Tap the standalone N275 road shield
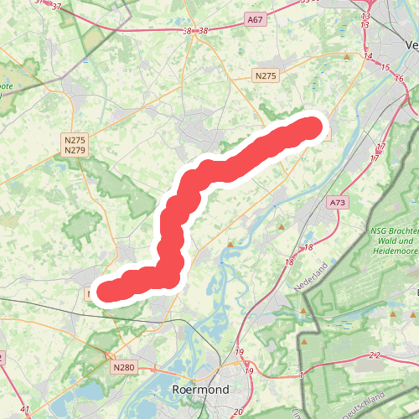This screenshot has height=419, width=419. (x=265, y=75)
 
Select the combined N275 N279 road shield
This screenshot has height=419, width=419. (x=75, y=145)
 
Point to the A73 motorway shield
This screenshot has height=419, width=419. (x=338, y=203)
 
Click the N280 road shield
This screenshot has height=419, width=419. (x=122, y=366)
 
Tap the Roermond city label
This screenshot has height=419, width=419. (x=199, y=391)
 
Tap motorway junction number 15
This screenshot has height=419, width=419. (x=385, y=67)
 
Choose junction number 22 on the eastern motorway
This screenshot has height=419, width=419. (x=374, y=355)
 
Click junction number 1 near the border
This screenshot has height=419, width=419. (x=300, y=375)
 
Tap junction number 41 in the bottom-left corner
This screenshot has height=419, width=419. (x=24, y=410)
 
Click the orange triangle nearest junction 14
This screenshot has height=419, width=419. (x=347, y=57)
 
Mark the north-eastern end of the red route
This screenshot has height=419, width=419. (x=312, y=127)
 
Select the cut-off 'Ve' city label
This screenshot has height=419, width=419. (x=409, y=44)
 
